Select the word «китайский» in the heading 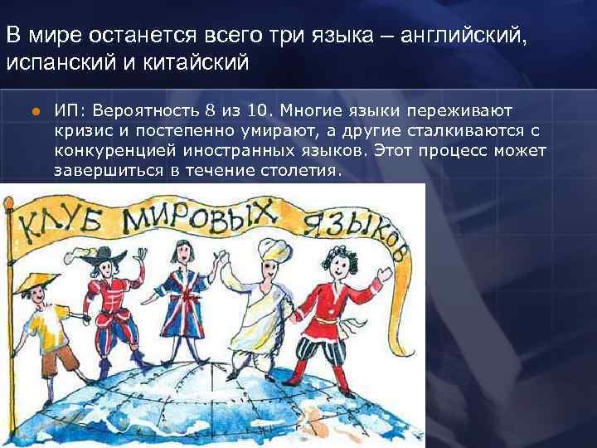[x=199, y=63]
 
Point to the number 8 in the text [x=211, y=110]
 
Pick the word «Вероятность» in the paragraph [x=147, y=110]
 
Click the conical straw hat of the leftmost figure [x=32, y=287]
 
